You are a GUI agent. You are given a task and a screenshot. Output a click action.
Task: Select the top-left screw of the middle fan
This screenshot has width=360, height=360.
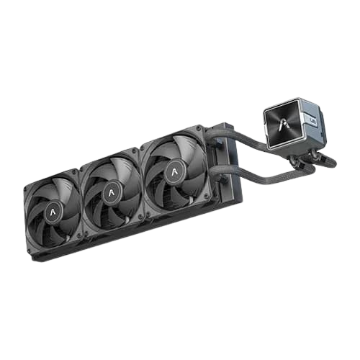[85, 163]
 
